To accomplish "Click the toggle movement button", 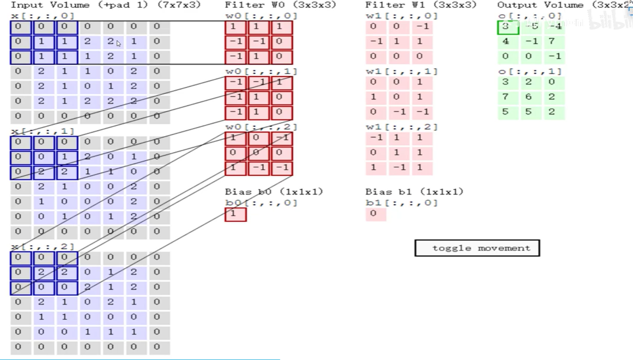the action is (x=477, y=248).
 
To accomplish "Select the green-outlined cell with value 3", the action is (x=508, y=27).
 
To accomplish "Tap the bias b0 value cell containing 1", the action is (x=236, y=214).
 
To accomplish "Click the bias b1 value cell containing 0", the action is (x=376, y=213).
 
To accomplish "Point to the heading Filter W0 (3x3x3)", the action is (x=280, y=5).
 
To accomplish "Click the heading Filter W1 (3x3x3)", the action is (x=421, y=5).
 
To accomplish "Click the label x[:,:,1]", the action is (x=43, y=132).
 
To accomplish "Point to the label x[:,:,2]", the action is (x=43, y=247).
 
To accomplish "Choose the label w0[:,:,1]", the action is (x=261, y=71).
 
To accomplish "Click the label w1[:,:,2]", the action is (x=402, y=127).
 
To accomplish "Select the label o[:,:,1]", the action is (x=529, y=71).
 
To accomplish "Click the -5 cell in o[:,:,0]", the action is (x=532, y=27).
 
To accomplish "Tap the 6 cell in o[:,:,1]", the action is (x=529, y=97).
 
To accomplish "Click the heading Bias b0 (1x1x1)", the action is (x=274, y=192).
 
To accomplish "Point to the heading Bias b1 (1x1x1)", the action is (x=414, y=192).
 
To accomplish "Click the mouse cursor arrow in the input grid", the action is (x=118, y=43).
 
